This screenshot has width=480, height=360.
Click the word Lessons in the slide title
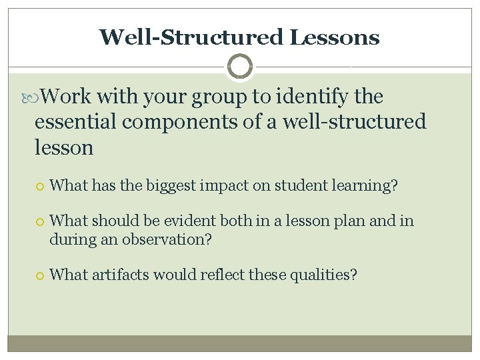point(335,37)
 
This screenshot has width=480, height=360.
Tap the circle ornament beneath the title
point(239,67)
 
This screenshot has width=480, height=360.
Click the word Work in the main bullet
point(66,97)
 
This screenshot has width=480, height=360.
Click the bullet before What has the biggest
point(39,186)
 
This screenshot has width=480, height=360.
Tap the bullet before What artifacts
point(39,275)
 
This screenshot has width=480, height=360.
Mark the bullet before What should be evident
point(39,221)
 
